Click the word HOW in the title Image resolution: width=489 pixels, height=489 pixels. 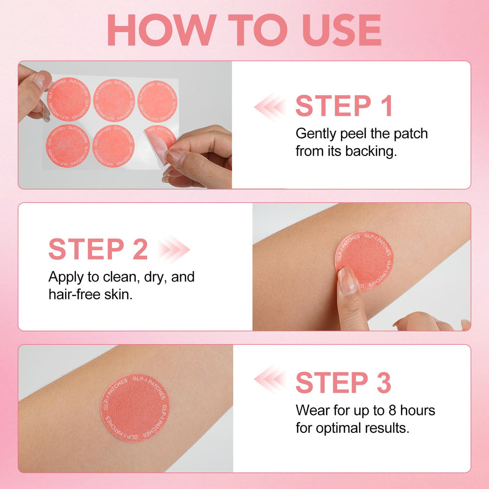point(162,30)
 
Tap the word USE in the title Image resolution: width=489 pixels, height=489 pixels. point(342,30)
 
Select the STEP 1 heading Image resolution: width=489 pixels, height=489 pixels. point(344,106)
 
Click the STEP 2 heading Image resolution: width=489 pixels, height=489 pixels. point(98,249)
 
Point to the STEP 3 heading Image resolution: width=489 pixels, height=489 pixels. point(343,382)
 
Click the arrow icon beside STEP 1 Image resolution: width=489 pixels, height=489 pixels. point(269,107)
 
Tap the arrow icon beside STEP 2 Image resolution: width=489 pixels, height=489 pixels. point(174,249)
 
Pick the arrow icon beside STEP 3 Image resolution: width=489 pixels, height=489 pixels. point(269,379)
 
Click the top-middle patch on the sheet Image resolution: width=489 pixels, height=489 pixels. point(114,100)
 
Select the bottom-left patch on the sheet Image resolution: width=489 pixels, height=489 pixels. point(67,146)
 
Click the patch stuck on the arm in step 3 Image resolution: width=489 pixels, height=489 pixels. point(135,408)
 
